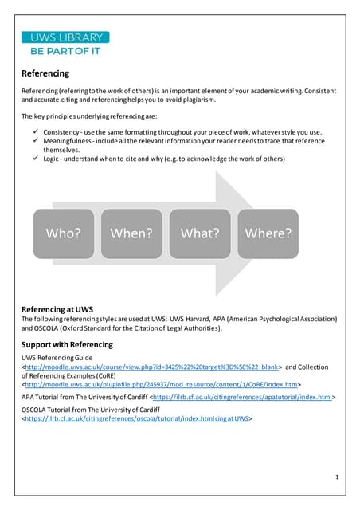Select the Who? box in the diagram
click(x=63, y=233)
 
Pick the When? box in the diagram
click(x=131, y=233)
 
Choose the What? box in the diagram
click(x=200, y=233)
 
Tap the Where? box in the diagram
click(x=268, y=233)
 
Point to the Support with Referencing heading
click(x=67, y=344)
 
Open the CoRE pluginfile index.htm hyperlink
click(x=160, y=383)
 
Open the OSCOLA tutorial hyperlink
click(x=135, y=418)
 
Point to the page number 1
click(x=337, y=477)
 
